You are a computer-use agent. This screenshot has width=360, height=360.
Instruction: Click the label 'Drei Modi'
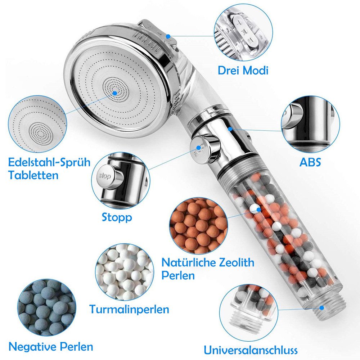tap(243, 70)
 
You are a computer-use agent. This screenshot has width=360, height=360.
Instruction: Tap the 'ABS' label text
tap(310, 162)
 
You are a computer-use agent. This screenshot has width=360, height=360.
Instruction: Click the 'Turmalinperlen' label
tap(129, 309)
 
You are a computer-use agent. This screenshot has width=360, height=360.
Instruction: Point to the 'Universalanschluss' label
tap(251, 350)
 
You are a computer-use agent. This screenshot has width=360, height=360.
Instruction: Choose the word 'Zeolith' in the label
tap(236, 262)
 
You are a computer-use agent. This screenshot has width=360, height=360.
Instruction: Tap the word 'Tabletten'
tap(33, 175)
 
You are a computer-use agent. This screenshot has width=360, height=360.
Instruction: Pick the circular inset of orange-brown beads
tap(199, 226)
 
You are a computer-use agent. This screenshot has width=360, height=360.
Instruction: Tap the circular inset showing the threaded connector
tap(250, 313)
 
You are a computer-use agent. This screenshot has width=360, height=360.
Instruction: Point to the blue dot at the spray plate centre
tap(115, 93)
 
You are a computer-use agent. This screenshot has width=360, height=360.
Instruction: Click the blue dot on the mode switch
tap(168, 36)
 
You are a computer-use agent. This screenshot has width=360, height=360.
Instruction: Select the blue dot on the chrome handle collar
tap(230, 129)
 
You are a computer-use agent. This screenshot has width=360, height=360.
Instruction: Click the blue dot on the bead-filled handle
tap(259, 209)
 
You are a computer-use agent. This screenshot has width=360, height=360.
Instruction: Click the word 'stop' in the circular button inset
tap(105, 176)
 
